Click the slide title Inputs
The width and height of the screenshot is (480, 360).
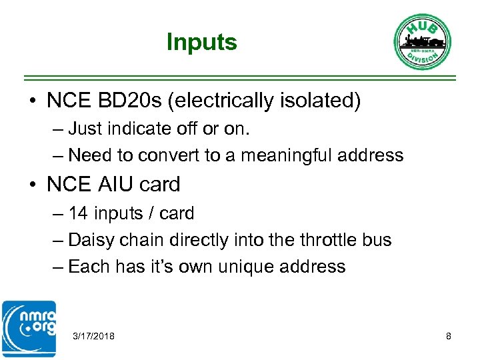(201, 42)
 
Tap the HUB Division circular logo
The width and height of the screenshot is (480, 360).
(422, 41)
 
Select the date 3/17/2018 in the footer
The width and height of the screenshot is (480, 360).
(93, 336)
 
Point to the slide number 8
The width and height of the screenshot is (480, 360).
(449, 336)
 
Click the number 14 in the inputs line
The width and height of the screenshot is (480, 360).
(78, 213)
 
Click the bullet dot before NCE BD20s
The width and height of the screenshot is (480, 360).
(32, 101)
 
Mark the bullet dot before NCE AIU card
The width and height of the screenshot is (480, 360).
(32, 184)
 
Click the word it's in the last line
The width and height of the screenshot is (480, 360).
(158, 267)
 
